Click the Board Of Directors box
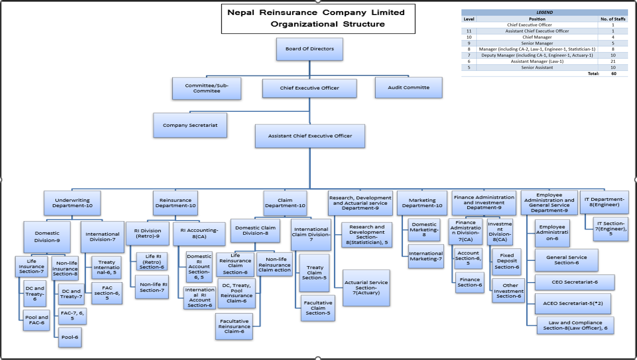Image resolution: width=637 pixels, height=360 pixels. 309,49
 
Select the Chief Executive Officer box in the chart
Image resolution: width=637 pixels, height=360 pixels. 309,88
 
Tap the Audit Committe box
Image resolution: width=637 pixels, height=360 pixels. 409,88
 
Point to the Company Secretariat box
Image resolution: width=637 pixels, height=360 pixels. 190,125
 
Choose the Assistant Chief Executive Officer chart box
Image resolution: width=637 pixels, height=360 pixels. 310,136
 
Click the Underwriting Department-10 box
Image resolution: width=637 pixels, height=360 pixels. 72,203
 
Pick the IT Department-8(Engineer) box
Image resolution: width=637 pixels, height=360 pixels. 604,202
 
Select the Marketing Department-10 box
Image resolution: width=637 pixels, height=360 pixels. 422,203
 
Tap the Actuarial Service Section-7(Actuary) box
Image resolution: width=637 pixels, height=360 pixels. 366,288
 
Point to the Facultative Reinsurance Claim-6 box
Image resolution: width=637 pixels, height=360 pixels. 234,326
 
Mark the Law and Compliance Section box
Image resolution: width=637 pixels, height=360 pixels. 575,325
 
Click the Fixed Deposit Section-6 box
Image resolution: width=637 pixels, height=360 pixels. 507,261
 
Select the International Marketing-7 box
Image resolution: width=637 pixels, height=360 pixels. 426,256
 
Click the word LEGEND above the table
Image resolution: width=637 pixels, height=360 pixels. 544,13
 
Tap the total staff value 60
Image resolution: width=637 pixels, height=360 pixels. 613,74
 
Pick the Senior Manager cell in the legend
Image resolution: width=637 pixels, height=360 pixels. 537,43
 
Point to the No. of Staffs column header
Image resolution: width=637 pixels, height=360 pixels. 613,19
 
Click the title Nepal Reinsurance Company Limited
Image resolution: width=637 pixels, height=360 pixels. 316,13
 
